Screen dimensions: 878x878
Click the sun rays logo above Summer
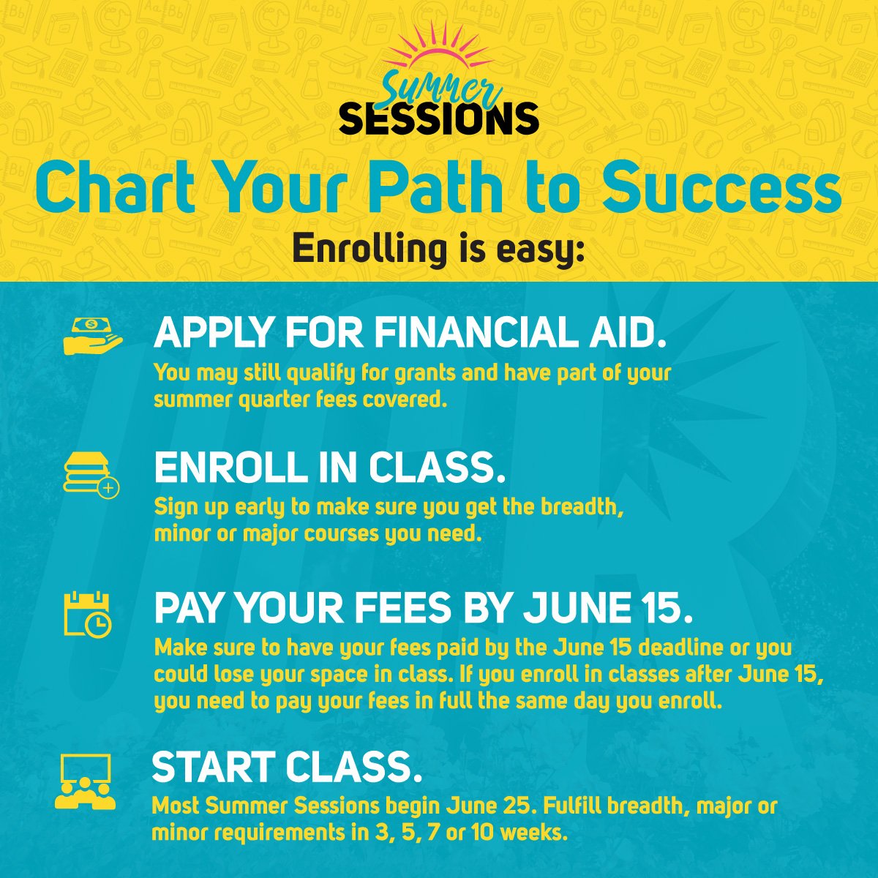pyautogui.click(x=437, y=48)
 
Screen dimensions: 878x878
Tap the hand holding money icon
pyautogui.click(x=92, y=336)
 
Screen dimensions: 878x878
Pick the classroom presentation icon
pyautogui.click(x=86, y=781)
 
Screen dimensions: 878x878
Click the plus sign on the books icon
pyautogui.click(x=108, y=487)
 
